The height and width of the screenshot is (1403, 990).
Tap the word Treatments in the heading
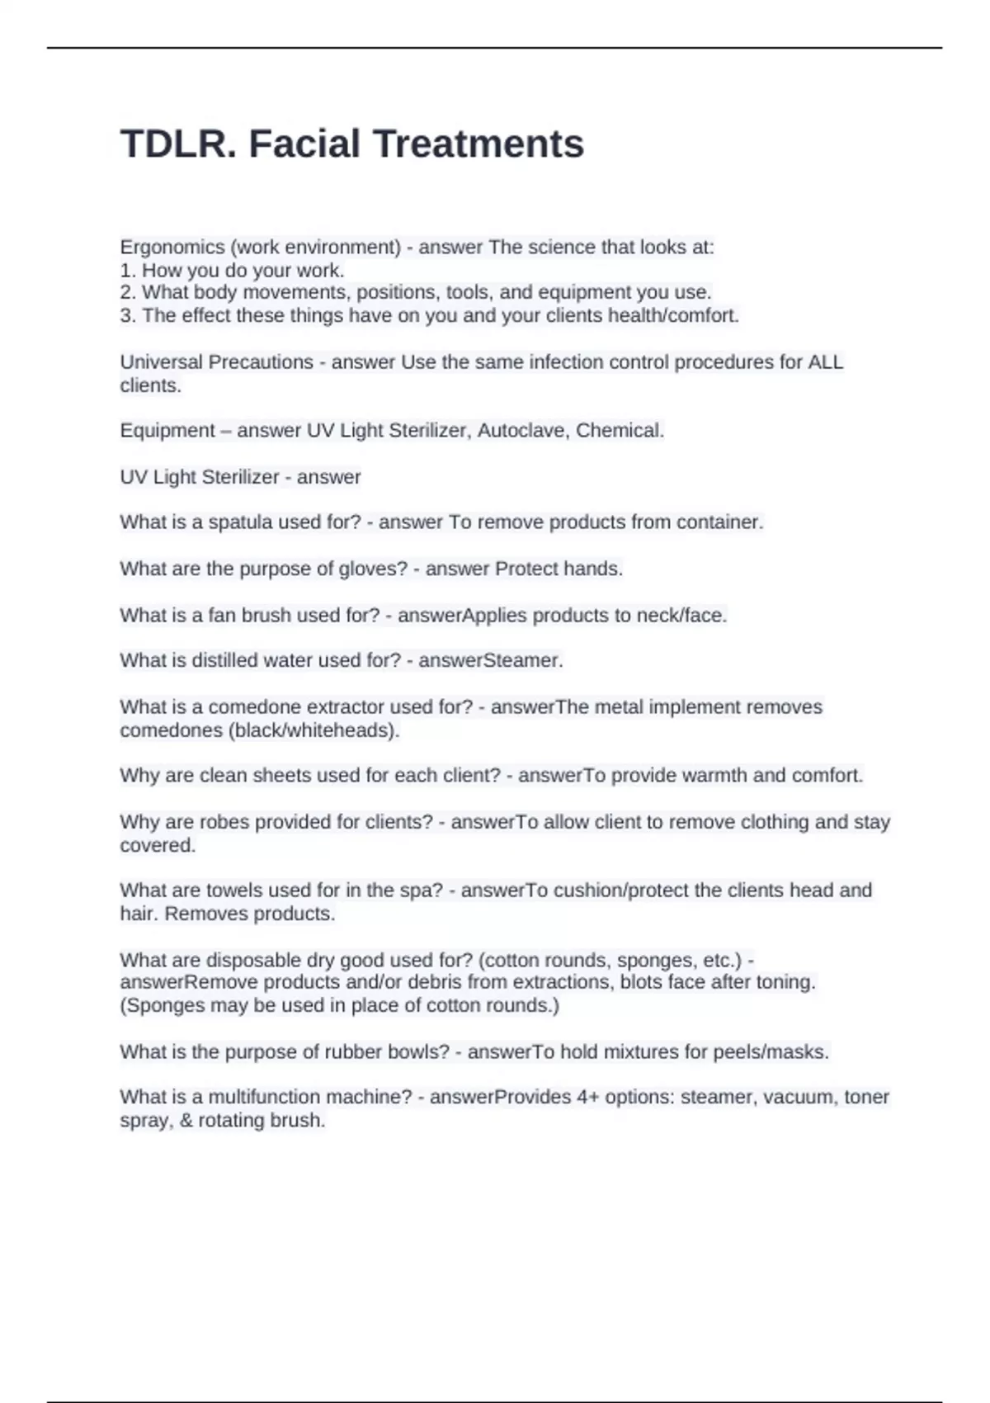478,144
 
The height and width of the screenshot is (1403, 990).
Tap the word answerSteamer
491,660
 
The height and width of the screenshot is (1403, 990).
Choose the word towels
233,890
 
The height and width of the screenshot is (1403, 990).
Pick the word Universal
162,362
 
